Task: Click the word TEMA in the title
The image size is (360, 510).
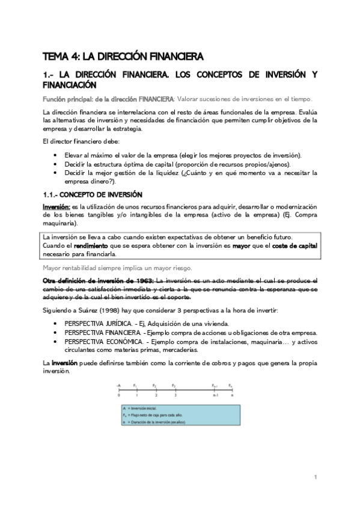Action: click(55, 57)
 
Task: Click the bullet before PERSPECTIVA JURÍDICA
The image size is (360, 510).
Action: click(56, 324)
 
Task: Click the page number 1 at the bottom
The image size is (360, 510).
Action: click(315, 477)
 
